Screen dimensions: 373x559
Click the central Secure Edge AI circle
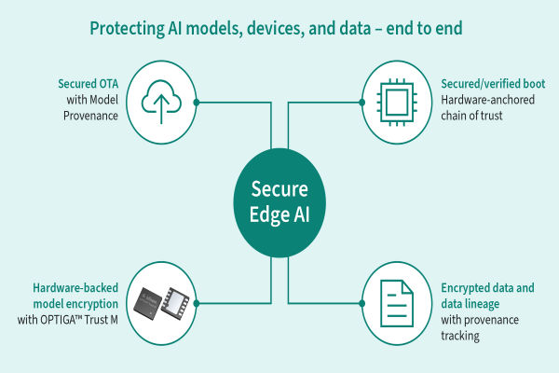click(x=279, y=200)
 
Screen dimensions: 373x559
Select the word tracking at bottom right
click(x=461, y=337)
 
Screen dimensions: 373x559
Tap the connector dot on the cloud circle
click(x=196, y=100)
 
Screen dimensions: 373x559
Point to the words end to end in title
click(x=433, y=29)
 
